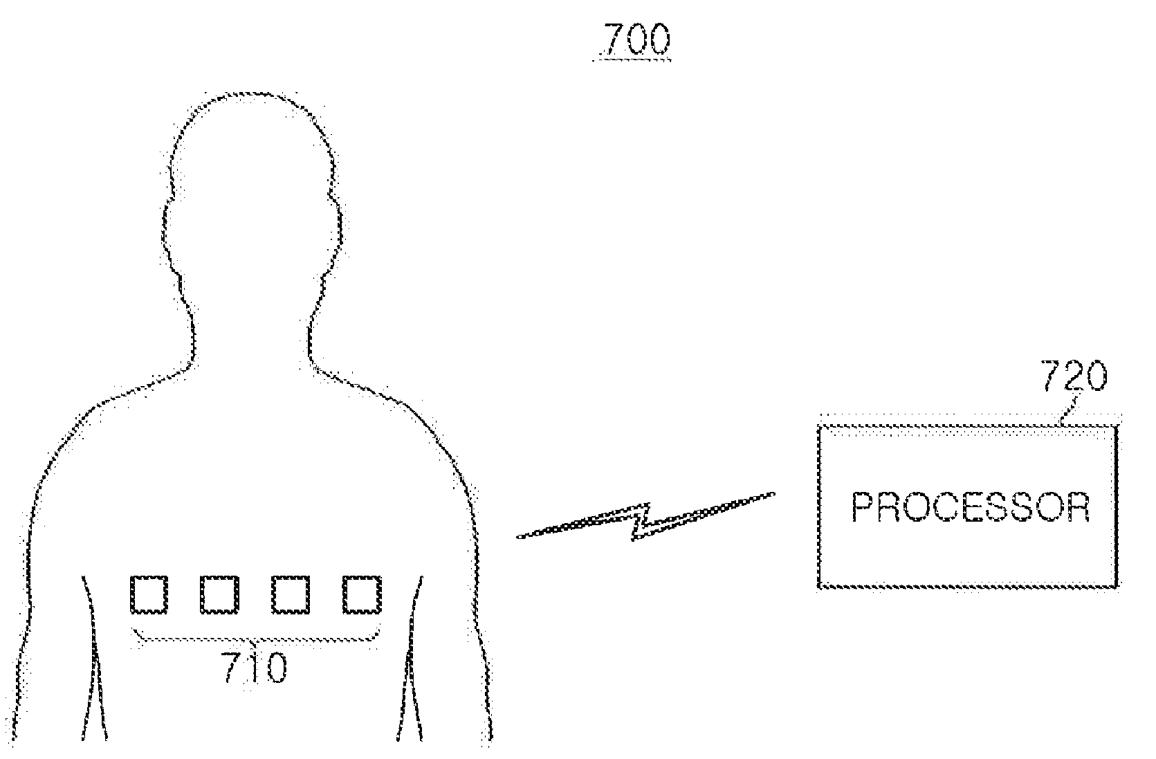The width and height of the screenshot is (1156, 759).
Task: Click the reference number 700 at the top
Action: coord(636,41)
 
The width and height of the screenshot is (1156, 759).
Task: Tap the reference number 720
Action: coord(1074,378)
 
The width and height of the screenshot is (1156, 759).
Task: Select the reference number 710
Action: coord(254,669)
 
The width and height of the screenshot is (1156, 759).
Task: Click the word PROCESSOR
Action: coord(970,508)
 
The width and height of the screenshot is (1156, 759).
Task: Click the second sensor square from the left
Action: coord(219,594)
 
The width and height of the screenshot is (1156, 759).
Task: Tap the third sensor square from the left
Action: coord(290,594)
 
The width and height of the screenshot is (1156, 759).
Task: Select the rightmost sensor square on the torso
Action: coord(361,594)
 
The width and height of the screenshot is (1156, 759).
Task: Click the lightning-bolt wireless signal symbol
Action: coord(645,523)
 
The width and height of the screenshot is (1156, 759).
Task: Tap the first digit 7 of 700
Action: coord(612,41)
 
